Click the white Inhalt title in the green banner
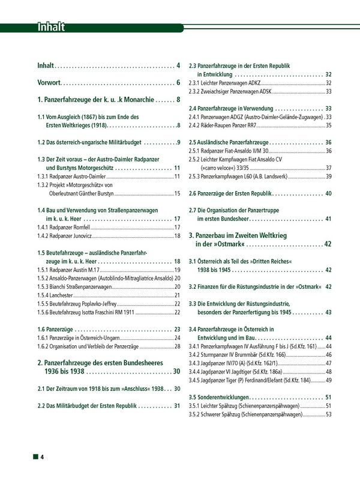(x=51, y=27)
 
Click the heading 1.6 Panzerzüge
(x=57, y=330)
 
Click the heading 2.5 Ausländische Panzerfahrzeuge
(x=229, y=142)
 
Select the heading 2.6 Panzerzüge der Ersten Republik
(x=231, y=193)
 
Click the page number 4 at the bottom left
(x=43, y=458)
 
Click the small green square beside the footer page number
(x=35, y=458)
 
